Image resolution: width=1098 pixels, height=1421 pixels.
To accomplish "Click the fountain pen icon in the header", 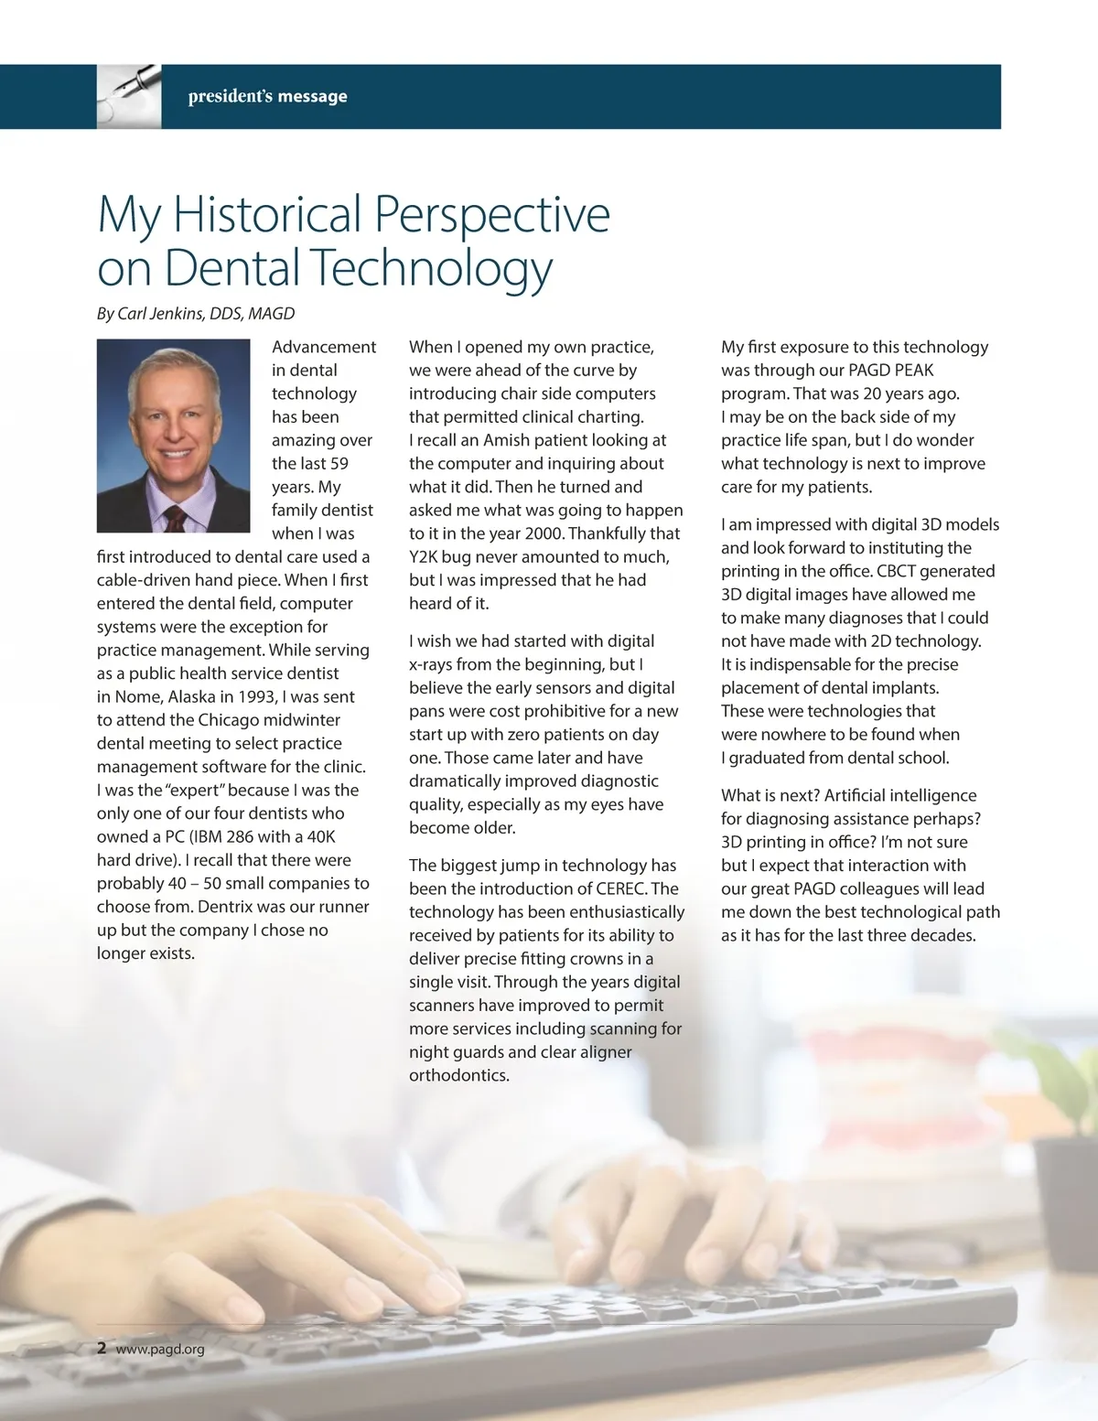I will pos(129,94).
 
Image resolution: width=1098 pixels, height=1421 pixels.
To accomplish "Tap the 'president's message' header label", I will pos(267,96).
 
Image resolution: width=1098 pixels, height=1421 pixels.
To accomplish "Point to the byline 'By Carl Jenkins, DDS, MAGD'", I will pos(196,314).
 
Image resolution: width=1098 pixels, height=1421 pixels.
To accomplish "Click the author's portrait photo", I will pos(173,436).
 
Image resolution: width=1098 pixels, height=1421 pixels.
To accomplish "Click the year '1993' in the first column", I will pos(257,696).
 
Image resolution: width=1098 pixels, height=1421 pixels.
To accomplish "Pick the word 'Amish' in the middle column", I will pos(506,440).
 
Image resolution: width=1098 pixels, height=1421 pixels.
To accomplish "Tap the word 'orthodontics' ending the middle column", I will pos(459,1075).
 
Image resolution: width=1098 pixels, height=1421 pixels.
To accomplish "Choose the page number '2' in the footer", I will pos(102,1348).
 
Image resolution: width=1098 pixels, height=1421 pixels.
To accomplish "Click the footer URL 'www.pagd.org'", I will pos(160,1349).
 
